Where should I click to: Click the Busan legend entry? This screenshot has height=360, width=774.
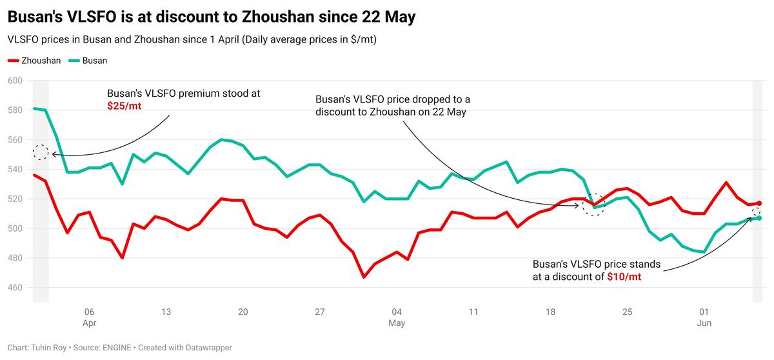90,61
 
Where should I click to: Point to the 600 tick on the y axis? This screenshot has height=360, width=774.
14,81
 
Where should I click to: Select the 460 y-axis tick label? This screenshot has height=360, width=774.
14,288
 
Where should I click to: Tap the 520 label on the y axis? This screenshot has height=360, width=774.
14,199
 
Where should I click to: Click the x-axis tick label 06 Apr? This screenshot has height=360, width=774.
89,317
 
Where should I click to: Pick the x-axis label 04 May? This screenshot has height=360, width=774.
397,317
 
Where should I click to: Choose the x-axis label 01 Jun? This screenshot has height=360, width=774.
704,317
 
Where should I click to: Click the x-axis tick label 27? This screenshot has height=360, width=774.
319,312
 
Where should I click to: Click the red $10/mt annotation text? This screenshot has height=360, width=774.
624,276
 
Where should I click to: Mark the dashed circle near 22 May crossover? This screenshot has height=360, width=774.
593,205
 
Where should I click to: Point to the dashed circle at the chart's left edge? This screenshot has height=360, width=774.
41,152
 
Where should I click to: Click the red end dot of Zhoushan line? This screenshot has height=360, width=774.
759,203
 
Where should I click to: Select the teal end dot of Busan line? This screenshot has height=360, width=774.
759,218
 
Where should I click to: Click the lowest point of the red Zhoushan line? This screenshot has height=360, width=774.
364,277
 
